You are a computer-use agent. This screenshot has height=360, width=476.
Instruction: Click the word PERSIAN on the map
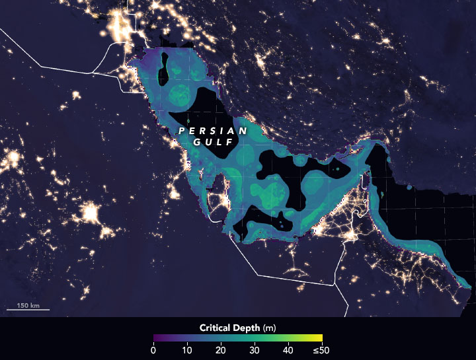click(212, 131)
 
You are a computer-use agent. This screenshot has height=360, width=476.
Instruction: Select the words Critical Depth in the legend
click(229, 328)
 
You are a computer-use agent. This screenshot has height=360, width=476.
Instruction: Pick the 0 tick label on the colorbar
click(153, 350)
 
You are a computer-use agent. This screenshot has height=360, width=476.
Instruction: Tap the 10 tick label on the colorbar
click(187, 350)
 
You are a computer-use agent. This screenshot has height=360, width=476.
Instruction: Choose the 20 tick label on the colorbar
click(221, 350)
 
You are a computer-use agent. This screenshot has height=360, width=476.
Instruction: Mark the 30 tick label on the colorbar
click(255, 350)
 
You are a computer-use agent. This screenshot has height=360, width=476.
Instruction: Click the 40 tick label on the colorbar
click(288, 350)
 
